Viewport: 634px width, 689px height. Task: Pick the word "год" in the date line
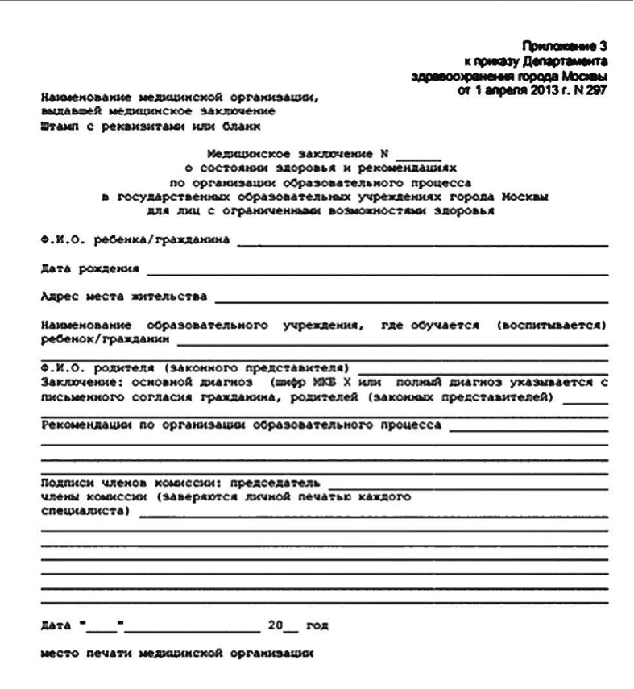(x=317, y=625)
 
